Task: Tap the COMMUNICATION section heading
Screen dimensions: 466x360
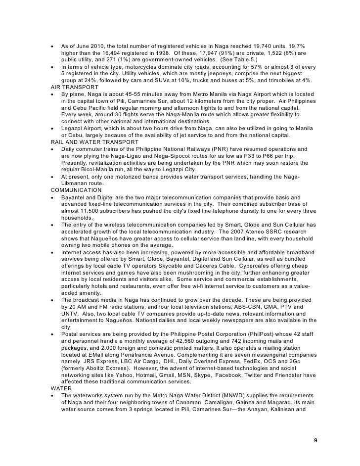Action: tap(74, 190)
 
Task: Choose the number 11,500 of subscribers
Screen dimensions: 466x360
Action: tap(94, 211)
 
